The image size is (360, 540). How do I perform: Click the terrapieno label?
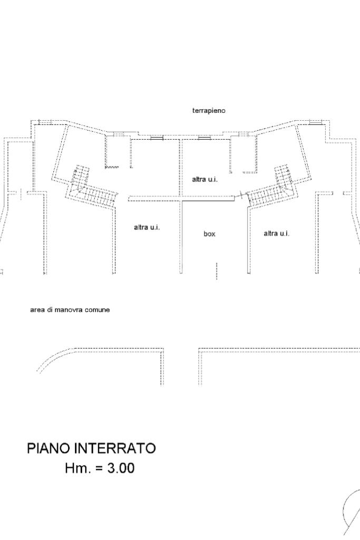point(209,111)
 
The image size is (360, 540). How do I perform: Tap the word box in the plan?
point(209,234)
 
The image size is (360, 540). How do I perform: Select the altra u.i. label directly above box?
point(205,179)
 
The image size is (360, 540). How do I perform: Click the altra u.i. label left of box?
point(147,227)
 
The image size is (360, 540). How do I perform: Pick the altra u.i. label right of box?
point(276,233)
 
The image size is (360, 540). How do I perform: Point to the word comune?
point(98,310)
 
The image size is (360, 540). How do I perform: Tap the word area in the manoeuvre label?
point(36,310)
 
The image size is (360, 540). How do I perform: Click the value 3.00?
point(121,468)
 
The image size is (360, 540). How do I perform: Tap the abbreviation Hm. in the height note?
point(76,468)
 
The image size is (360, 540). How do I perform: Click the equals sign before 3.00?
point(98,468)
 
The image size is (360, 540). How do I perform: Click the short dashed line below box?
point(216,270)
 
